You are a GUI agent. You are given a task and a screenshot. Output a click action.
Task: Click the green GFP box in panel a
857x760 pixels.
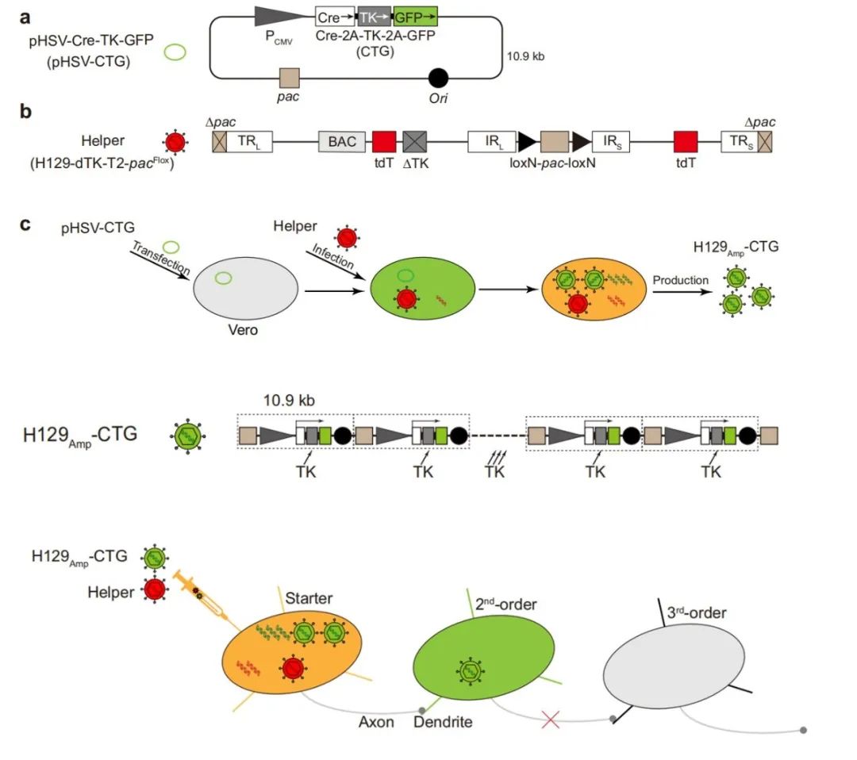(x=415, y=16)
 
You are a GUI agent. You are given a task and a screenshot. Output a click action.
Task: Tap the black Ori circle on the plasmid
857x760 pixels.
(x=438, y=78)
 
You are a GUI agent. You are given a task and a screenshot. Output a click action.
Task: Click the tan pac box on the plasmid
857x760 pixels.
(x=290, y=78)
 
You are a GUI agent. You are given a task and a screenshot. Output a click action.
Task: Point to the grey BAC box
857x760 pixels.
(x=342, y=143)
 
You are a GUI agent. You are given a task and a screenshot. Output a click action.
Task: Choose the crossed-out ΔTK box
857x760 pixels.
(x=415, y=143)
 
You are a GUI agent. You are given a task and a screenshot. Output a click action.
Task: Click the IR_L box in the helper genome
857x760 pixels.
(x=491, y=143)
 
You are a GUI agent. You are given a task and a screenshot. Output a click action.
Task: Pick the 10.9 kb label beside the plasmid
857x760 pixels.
(x=525, y=56)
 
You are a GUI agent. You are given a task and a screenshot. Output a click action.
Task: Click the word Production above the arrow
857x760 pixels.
(x=681, y=280)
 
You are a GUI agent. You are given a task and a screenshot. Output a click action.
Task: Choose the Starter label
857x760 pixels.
(x=309, y=597)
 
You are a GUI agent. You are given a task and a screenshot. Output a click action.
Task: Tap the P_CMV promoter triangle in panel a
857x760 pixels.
(x=281, y=15)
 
